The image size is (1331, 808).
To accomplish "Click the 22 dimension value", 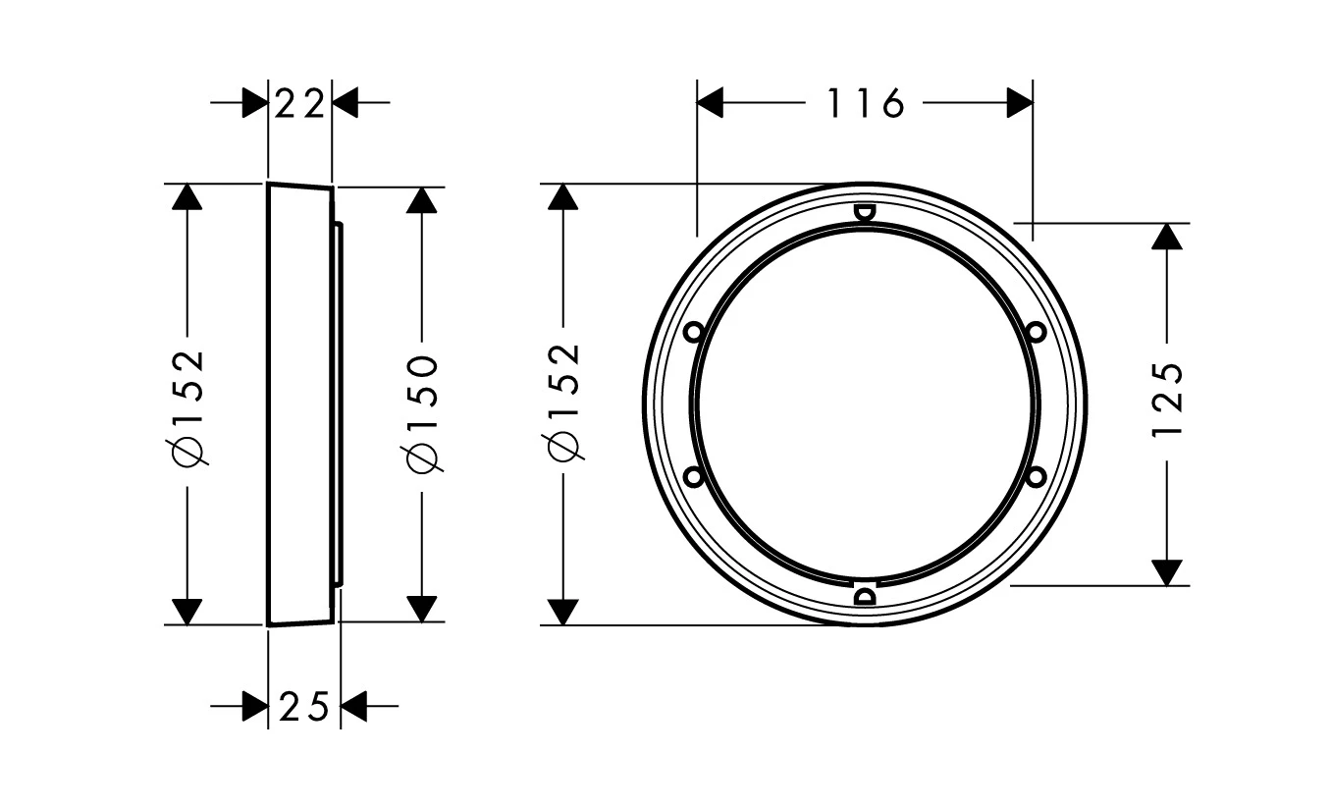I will coord(299,102).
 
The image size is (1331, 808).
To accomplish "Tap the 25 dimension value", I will coord(304,706).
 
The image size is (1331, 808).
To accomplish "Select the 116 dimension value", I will coord(864,102).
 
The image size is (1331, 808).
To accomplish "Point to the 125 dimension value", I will coord(1168,403).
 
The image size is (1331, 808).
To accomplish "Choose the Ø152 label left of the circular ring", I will coord(563,403).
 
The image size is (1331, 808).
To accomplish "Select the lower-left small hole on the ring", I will coord(693,476).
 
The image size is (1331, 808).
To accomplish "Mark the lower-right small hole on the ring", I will coord(1036,476).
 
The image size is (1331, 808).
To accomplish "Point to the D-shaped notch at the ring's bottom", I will coord(865,595).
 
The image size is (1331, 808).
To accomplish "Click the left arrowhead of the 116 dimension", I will coord(710,102).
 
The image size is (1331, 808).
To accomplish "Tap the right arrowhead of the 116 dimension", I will coord(1020,102).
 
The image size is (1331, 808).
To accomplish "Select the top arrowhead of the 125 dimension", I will coord(1166,237).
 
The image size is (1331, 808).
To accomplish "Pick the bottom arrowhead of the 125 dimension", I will coord(1166,571).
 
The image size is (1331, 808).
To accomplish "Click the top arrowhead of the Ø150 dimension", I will coord(421,200).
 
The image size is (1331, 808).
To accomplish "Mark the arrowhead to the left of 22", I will coord(254,102).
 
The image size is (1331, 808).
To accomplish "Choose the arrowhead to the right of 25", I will coord(353,706).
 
